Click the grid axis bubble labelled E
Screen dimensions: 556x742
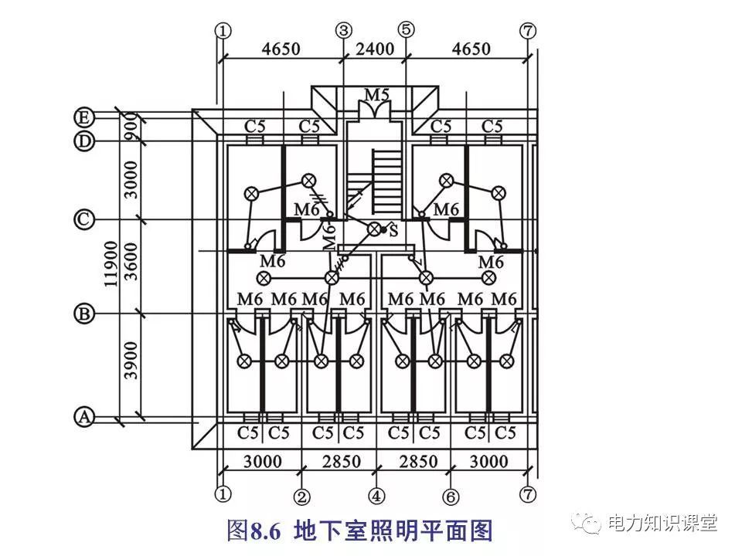(x=83, y=117)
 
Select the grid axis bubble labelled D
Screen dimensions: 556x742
(x=83, y=141)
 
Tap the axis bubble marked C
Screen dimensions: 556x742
(x=83, y=220)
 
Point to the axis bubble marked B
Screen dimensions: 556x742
(x=83, y=314)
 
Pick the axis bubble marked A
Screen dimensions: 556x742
(x=83, y=417)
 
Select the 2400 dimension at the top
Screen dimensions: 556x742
(x=374, y=49)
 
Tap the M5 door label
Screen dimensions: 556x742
(x=376, y=95)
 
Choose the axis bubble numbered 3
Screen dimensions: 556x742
(x=343, y=30)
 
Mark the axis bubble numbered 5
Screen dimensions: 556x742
(x=406, y=30)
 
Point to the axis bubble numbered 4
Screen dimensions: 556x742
(x=376, y=493)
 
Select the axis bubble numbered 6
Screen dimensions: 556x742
(x=449, y=493)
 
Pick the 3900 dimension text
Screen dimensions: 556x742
(x=131, y=360)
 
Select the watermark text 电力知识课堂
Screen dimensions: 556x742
(x=662, y=522)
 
